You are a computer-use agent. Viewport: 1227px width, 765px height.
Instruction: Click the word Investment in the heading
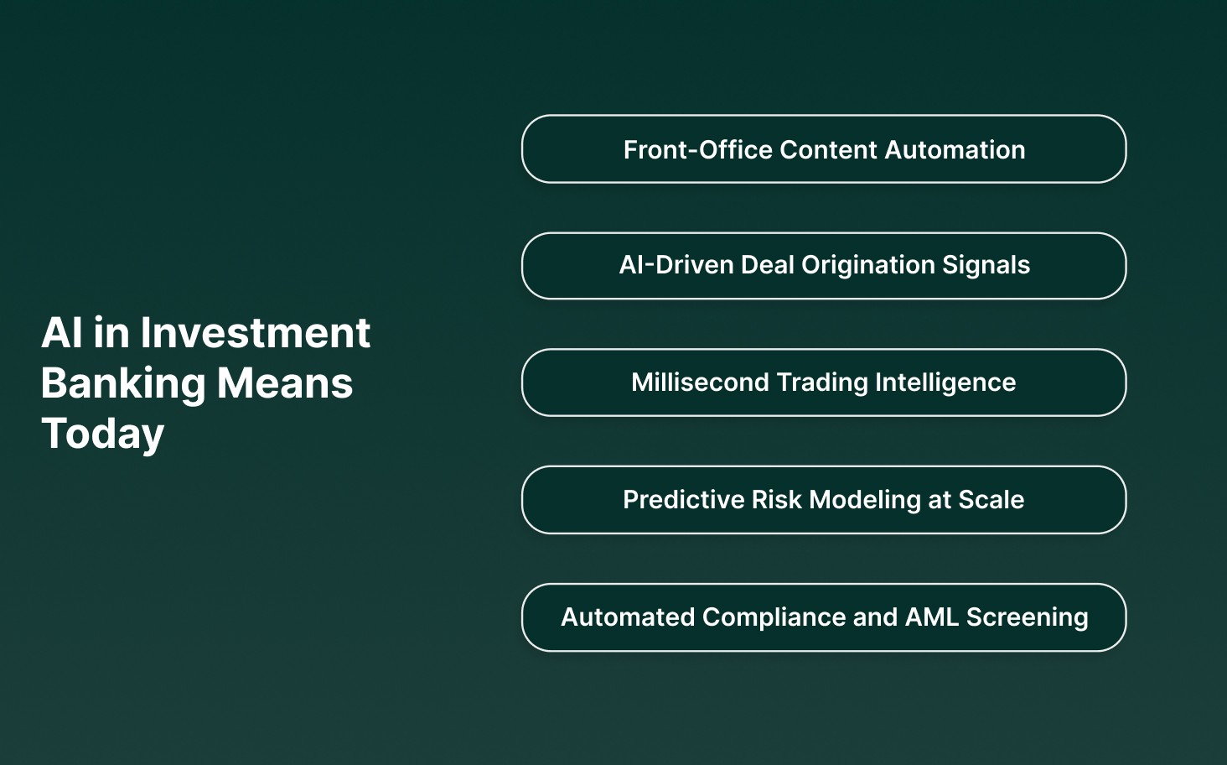click(x=255, y=333)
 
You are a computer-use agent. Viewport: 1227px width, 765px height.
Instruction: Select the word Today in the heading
click(x=102, y=435)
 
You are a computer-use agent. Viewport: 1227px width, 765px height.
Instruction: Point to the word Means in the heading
click(x=285, y=383)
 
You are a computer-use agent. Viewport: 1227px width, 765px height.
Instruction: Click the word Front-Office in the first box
click(x=698, y=149)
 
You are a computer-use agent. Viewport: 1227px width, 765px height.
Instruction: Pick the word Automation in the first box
click(x=955, y=149)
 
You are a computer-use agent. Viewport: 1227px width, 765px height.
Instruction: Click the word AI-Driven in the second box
click(x=676, y=265)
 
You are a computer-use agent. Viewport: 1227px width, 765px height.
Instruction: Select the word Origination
click(x=867, y=265)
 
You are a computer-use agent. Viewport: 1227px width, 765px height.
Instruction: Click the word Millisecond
click(x=700, y=382)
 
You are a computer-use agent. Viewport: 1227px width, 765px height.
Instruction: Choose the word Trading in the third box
click(x=822, y=382)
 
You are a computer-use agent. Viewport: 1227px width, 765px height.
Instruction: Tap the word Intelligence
click(x=945, y=382)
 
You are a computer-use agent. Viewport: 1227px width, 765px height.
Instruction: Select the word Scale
click(x=991, y=500)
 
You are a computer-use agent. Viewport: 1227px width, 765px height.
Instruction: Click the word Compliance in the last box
click(x=773, y=617)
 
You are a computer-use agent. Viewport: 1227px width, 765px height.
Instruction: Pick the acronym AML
click(x=932, y=617)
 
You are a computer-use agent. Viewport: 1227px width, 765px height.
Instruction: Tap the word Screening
click(x=1028, y=617)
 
